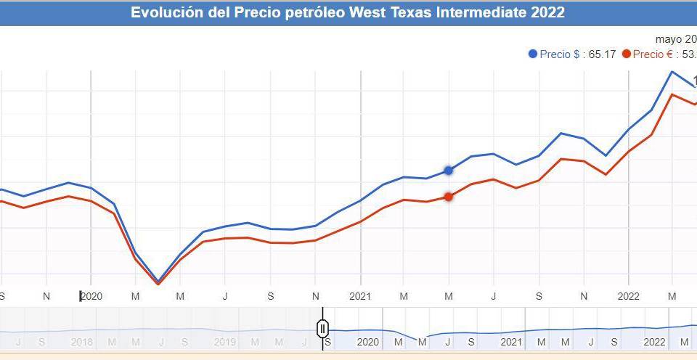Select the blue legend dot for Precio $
click(534, 54)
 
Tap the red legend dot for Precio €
click(627, 54)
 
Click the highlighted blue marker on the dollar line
click(449, 171)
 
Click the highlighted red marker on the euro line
click(449, 197)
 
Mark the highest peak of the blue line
click(672, 72)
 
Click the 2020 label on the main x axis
click(91, 296)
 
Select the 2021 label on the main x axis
click(360, 296)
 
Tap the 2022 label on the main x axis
click(629, 296)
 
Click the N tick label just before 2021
click(316, 296)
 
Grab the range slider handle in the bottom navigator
click(323, 329)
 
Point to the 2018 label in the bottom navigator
click(82, 342)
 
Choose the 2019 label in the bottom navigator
click(224, 342)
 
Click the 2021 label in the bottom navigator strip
click(511, 342)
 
